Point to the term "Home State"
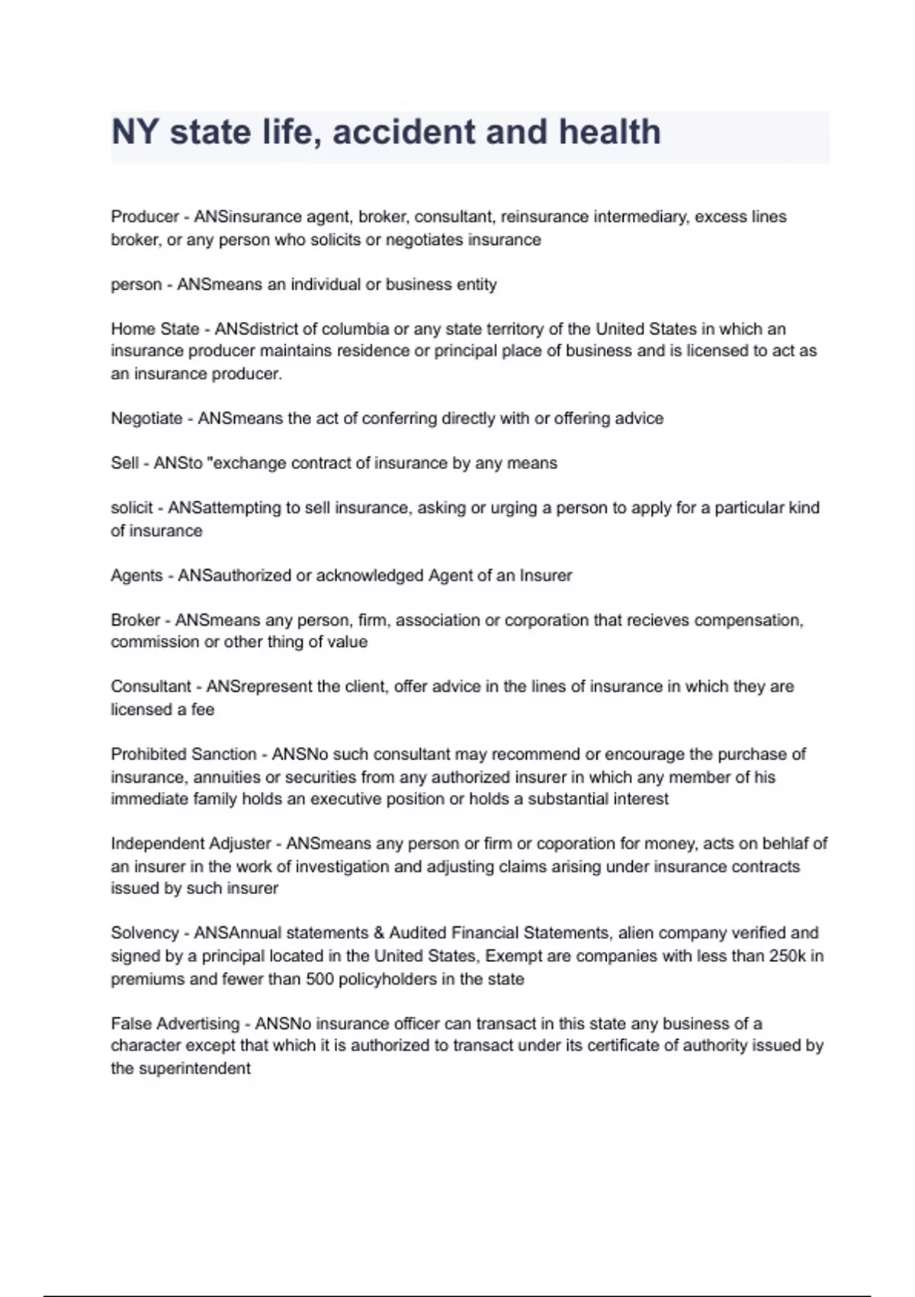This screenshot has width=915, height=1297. click(x=155, y=329)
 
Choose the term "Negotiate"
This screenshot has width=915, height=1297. click(x=146, y=418)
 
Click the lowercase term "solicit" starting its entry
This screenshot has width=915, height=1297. click(x=131, y=507)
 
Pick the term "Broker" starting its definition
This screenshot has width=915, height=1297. click(x=136, y=620)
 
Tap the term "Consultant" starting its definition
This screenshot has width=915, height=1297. click(x=151, y=687)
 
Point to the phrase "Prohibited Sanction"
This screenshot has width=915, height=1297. click(x=184, y=754)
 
